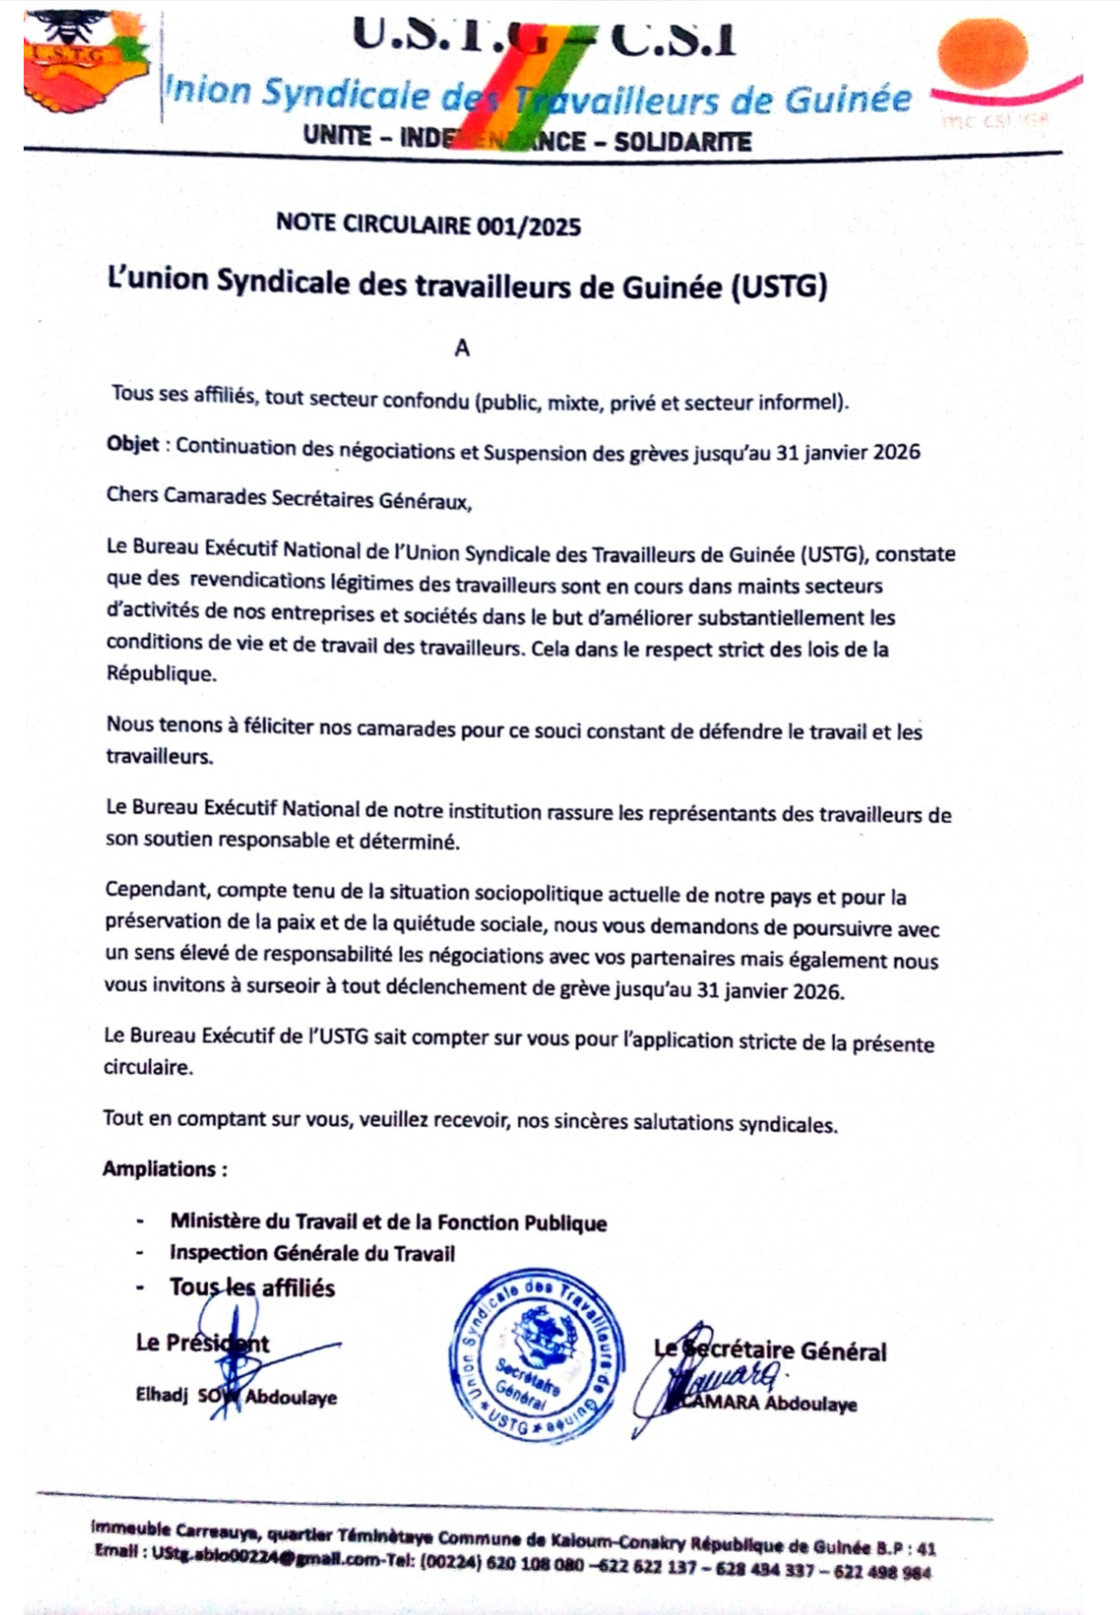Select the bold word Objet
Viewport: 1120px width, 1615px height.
133,444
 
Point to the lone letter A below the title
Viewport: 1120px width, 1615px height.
461,349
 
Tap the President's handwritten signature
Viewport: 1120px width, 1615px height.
266,1364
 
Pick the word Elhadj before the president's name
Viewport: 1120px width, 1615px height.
162,1395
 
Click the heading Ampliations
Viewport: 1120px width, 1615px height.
164,1169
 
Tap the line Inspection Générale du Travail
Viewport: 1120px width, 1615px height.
313,1253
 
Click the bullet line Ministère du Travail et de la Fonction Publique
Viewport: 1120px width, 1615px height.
389,1223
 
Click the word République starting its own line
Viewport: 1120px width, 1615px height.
160,674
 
